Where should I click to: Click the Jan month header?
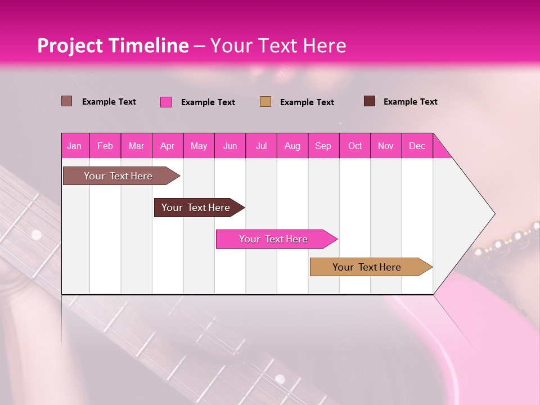click(75, 146)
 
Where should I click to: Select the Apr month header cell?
click(168, 146)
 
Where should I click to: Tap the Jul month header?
click(261, 146)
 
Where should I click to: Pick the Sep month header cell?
click(323, 146)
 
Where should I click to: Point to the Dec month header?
click(417, 146)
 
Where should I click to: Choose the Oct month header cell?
click(355, 146)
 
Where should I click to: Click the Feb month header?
click(105, 146)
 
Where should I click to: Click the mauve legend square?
click(66, 101)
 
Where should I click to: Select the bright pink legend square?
click(166, 102)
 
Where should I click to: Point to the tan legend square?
click(265, 101)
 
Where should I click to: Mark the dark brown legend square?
click(370, 101)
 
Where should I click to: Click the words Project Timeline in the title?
click(112, 46)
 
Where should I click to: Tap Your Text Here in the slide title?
click(278, 46)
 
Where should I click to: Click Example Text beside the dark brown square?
click(410, 102)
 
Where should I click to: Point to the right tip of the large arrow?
click(493, 214)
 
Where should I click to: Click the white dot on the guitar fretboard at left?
click(37, 235)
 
